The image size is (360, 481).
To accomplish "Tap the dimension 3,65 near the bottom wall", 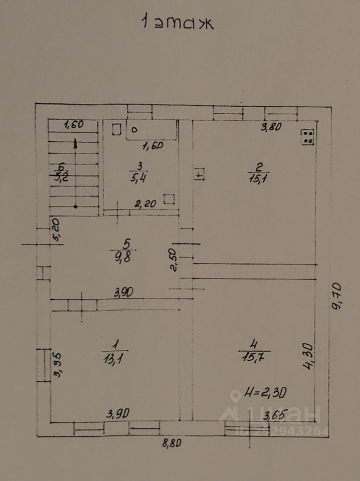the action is coord(275,415).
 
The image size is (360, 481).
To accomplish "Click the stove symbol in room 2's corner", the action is coord(307,137).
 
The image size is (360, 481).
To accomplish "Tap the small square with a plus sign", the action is coord(200,175).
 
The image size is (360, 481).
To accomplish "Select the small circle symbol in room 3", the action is coord(134,129).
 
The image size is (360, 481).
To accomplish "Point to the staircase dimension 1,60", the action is coord(73,125).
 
